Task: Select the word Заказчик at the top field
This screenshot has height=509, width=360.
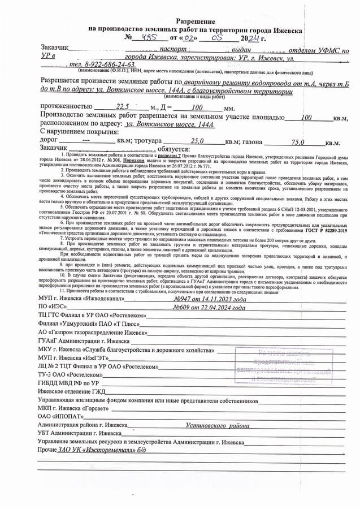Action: [x=54, y=49]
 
